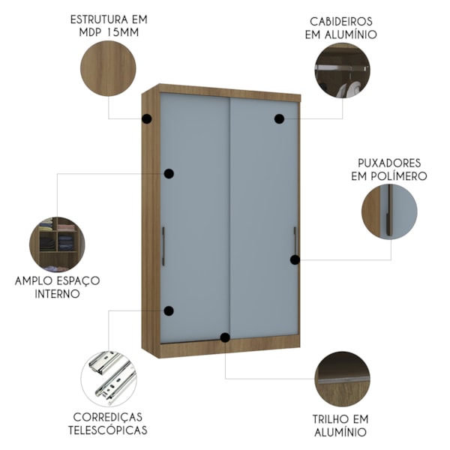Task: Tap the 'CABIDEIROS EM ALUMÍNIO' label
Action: (x=341, y=28)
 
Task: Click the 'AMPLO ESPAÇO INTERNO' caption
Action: (x=58, y=286)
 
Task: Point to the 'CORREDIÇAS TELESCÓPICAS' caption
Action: (x=109, y=423)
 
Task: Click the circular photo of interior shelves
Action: (x=58, y=244)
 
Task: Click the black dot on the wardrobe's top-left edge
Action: (x=147, y=118)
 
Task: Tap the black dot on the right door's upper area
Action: (x=279, y=118)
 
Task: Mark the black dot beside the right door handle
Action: (x=295, y=260)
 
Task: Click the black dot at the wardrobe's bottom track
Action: (x=224, y=337)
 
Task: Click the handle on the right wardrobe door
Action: (x=295, y=241)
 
